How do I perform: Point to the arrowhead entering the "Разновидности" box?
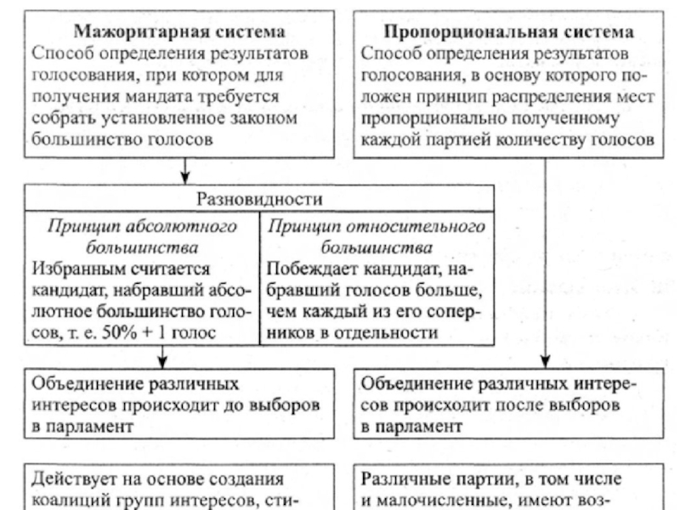pos(184,180)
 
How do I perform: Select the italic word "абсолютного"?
pos(195,227)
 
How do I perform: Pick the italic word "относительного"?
pos(429,227)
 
